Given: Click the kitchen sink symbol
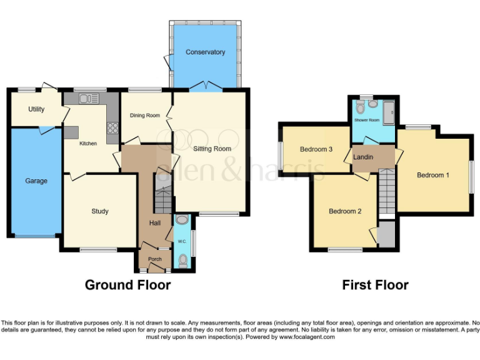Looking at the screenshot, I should pyautogui.click(x=86, y=98).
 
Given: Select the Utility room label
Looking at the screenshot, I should pyautogui.click(x=36, y=109).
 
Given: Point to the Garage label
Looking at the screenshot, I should pyautogui.click(x=36, y=181).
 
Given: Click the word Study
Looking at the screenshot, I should pyautogui.click(x=100, y=211).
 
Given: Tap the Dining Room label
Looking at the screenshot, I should pyautogui.click(x=145, y=116).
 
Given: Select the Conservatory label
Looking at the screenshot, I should pyautogui.click(x=205, y=52).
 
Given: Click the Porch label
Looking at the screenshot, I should pyautogui.click(x=154, y=259).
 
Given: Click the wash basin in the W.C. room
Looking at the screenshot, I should pyautogui.click(x=182, y=220).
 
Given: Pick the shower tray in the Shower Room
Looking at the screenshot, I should pyautogui.click(x=387, y=112).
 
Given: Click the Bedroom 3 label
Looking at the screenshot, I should pyautogui.click(x=316, y=149).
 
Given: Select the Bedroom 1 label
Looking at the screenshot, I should pyautogui.click(x=433, y=175).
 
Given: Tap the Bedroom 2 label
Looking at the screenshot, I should pyautogui.click(x=345, y=211).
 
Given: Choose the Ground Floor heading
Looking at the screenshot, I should pyautogui.click(x=127, y=285).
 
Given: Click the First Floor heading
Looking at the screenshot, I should pyautogui.click(x=375, y=285).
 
